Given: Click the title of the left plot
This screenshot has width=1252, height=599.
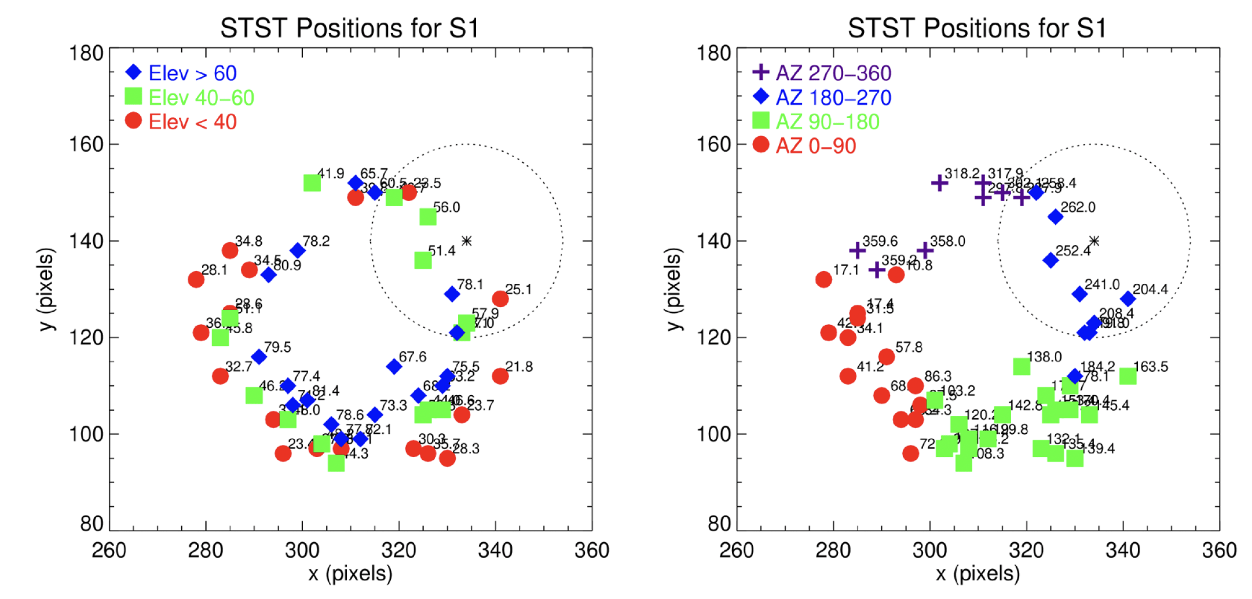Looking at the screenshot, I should pos(350,28).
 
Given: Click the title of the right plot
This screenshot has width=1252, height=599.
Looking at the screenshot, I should pos(977,28).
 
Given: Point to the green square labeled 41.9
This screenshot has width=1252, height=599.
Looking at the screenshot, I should pos(312,183).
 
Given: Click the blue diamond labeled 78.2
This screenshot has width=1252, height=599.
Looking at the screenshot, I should pos(298,250).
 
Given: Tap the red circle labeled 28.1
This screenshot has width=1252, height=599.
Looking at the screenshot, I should pos(196,280).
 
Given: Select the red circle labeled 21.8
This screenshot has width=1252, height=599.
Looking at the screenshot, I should pos(500,377).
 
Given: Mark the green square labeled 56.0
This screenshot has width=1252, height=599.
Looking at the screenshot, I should pos(428,217).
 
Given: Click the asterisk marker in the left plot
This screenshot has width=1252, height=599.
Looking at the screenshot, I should pos(467,241).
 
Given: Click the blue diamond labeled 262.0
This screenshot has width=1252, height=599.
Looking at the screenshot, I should pos(1056,217).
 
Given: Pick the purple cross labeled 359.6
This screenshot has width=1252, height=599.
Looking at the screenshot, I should pos(858,250).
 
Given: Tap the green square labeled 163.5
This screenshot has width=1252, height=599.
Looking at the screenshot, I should pos(1128,377).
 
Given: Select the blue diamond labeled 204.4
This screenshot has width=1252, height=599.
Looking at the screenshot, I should pos(1128,299).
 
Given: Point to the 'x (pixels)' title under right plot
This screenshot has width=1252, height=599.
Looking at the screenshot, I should pos(978,574).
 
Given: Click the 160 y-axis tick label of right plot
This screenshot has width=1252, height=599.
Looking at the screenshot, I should pos(713,144).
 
